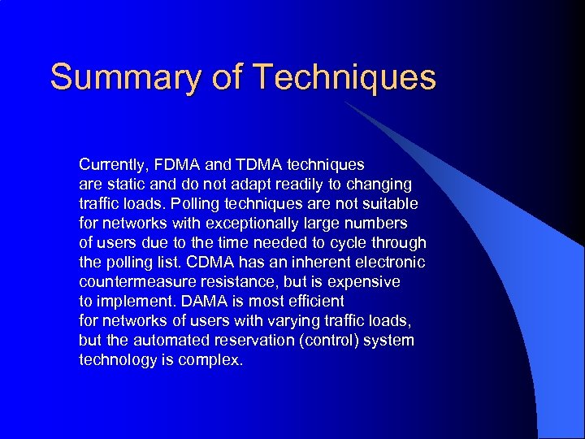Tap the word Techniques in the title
[x=344, y=77]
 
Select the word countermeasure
[x=133, y=281]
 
